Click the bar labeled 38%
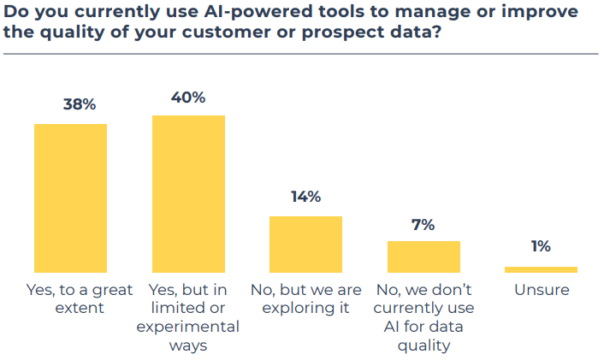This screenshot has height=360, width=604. coord(70,198)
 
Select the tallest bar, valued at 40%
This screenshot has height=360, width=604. coord(188,193)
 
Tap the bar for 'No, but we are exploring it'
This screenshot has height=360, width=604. coord(305,244)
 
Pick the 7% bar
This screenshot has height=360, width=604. coord(423,257)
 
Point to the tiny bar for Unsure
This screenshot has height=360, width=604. coord(541,269)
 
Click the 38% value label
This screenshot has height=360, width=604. coord(79,105)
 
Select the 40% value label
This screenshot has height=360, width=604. coord(188,97)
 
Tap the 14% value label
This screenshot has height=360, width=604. coord(305,197)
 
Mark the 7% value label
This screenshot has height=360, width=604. coord(423,225)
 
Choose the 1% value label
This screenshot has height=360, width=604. coord(541,247)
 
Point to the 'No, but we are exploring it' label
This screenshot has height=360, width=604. coord(305,298)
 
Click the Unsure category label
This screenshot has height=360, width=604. coord(542,290)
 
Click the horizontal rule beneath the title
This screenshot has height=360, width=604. coord(300,55)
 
